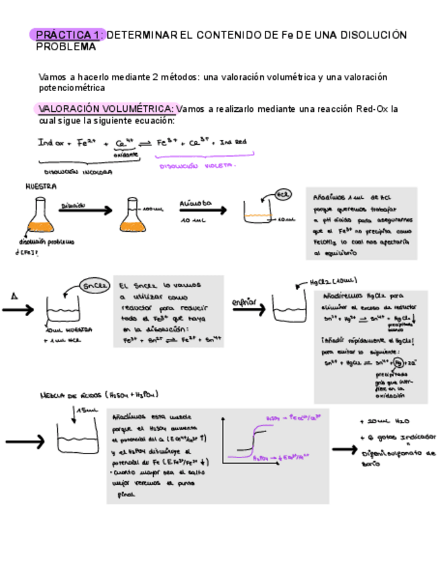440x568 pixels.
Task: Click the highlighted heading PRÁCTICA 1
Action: (x=67, y=35)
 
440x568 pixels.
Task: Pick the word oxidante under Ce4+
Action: (x=125, y=154)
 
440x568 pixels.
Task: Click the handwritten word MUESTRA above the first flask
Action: (x=41, y=187)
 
